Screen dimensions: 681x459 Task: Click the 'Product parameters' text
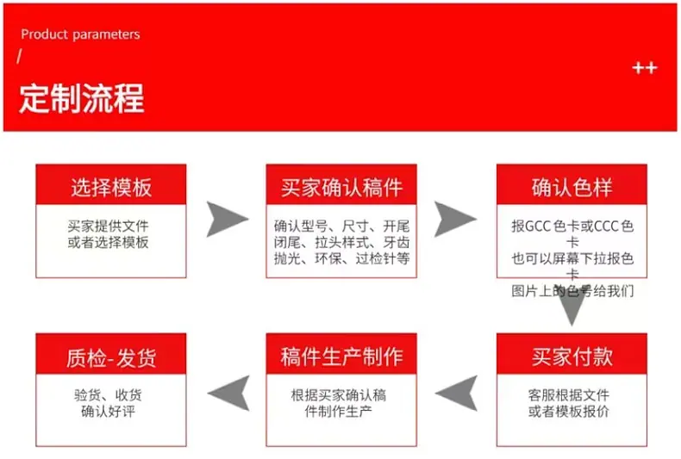(x=80, y=34)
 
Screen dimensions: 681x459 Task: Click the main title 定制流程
(x=82, y=98)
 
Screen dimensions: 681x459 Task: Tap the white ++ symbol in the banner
(x=645, y=68)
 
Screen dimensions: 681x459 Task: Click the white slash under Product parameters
(x=19, y=56)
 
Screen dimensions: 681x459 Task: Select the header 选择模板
(x=111, y=188)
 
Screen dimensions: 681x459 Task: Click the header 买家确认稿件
(x=341, y=188)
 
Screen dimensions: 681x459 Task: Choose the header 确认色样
(x=572, y=188)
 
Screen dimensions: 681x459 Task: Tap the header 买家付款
(x=572, y=357)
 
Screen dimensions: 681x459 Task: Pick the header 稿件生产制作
(x=341, y=357)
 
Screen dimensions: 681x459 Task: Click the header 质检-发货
(x=111, y=358)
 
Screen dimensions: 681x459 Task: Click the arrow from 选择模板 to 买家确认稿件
(x=227, y=219)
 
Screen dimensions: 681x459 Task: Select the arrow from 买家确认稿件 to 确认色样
(x=455, y=219)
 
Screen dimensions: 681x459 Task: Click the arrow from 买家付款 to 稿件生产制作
(x=457, y=393)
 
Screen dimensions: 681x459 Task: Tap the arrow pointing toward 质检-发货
(x=229, y=393)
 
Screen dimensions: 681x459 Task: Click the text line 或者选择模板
(x=108, y=242)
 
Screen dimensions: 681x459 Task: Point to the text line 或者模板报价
(x=569, y=411)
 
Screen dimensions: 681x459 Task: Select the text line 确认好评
(x=108, y=411)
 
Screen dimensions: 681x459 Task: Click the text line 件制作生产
(x=338, y=411)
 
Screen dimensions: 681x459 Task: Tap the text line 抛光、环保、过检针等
(x=342, y=258)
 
